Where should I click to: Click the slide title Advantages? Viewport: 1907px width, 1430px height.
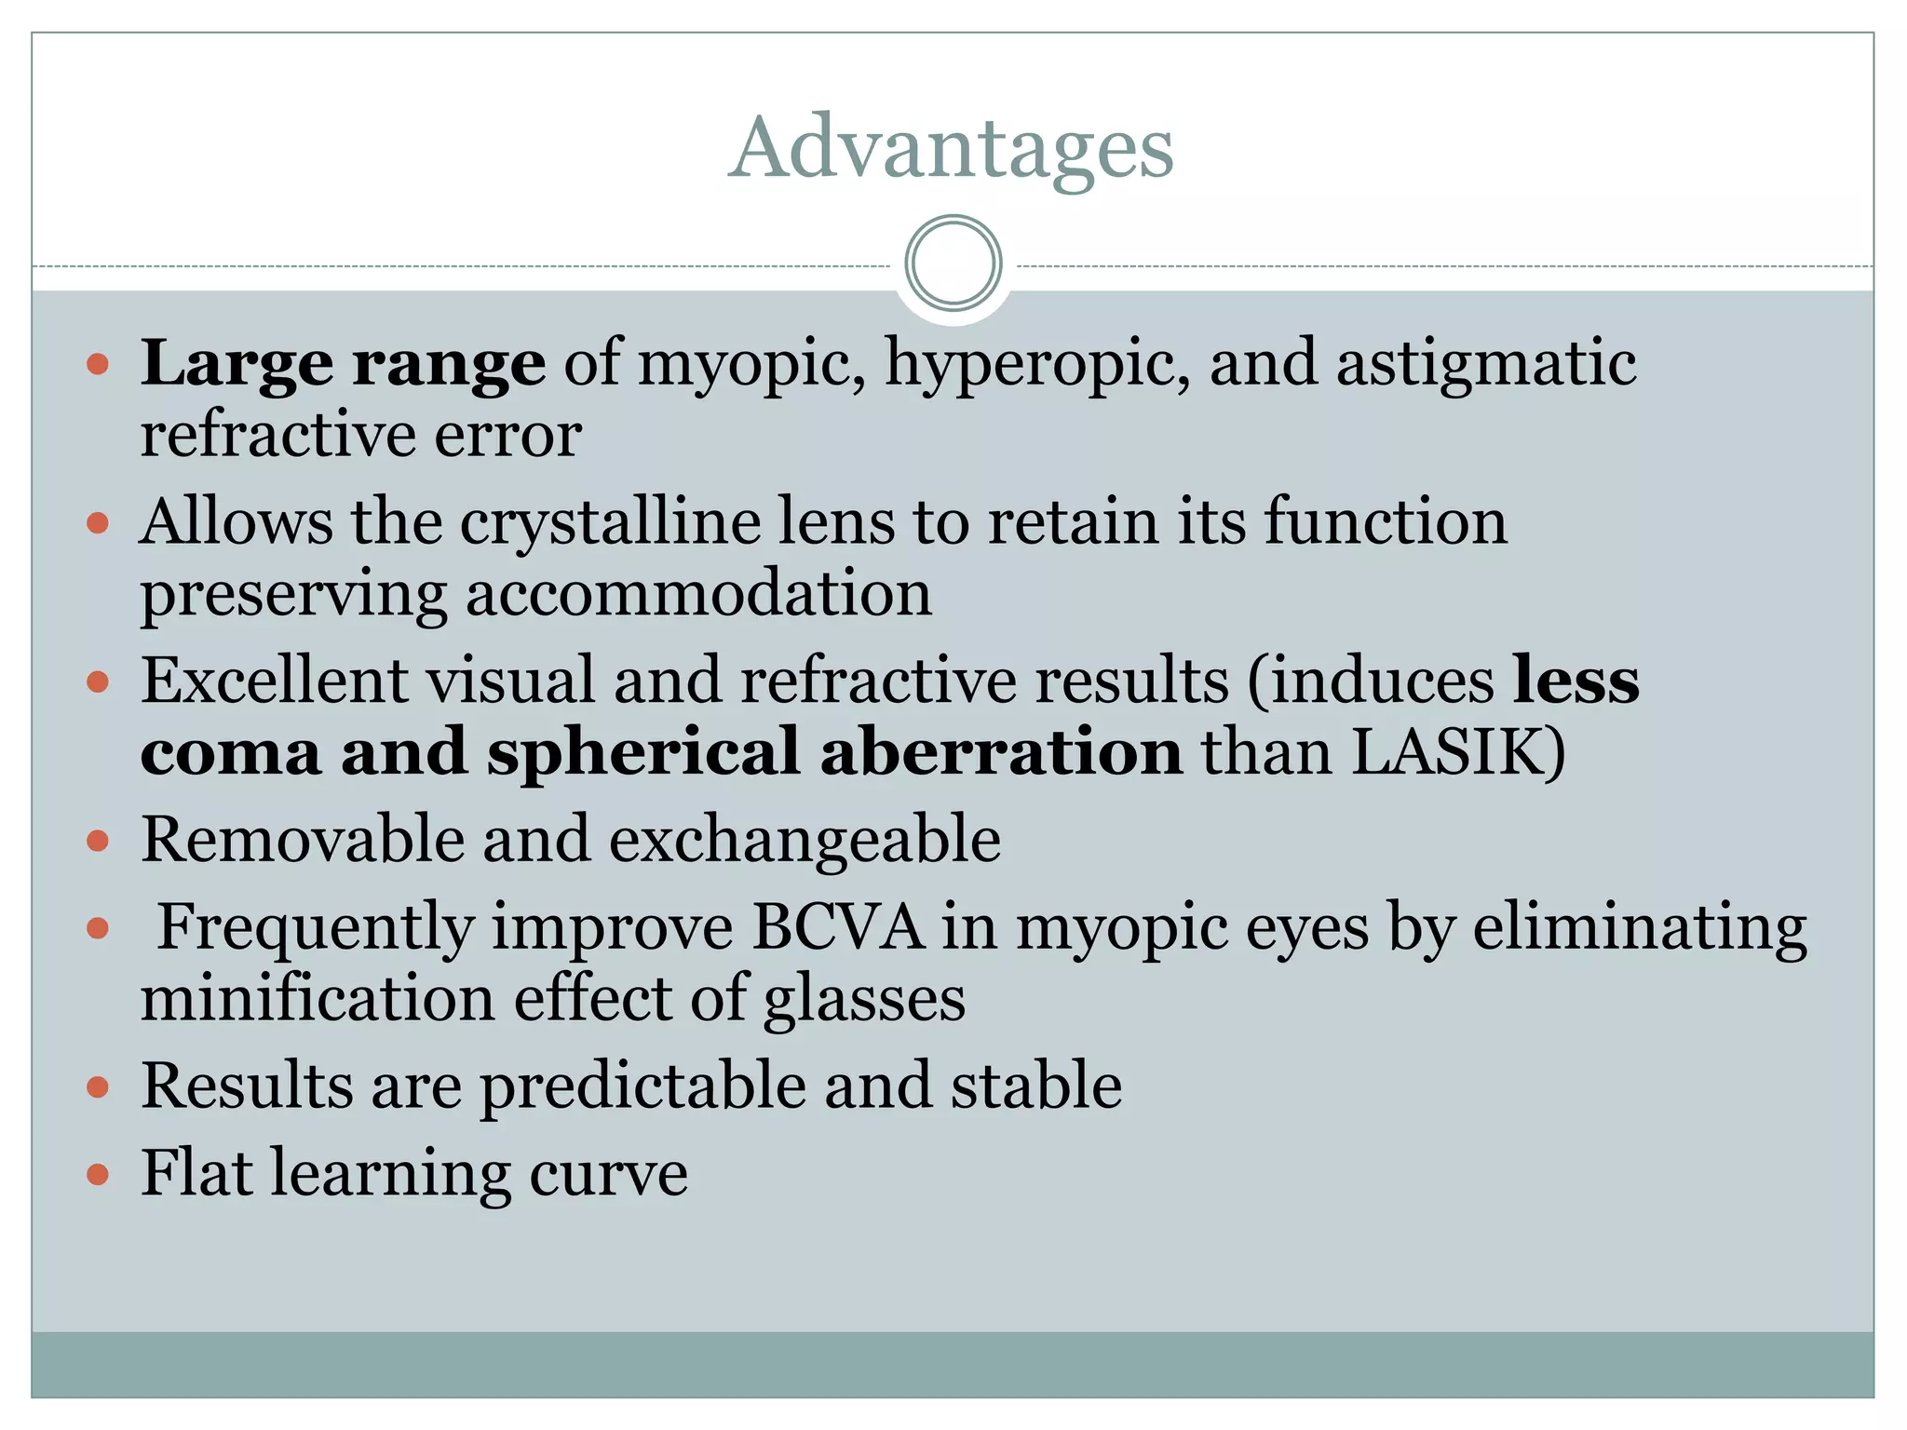(x=951, y=148)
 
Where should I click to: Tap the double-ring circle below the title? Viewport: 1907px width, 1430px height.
(x=953, y=263)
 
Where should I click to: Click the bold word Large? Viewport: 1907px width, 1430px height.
(x=237, y=363)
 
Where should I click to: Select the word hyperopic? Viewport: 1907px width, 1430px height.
(x=1037, y=363)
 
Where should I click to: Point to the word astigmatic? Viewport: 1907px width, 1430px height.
(x=1486, y=363)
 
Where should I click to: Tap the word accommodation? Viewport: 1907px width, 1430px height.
(x=698, y=593)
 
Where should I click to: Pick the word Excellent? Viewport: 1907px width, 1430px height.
(x=274, y=680)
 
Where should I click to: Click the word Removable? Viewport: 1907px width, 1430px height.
(x=302, y=840)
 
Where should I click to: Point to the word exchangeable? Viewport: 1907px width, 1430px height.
(x=805, y=840)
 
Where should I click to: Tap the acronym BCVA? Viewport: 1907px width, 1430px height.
(x=838, y=927)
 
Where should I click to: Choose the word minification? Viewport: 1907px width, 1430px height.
(x=317, y=998)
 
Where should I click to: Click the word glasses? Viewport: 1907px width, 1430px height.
(x=864, y=1000)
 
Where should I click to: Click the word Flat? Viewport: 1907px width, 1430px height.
(x=196, y=1172)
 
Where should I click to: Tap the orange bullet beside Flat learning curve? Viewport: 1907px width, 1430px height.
(x=98, y=1174)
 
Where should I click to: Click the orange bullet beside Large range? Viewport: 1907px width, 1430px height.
(x=98, y=363)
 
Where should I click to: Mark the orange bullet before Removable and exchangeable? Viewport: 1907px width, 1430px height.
(x=98, y=842)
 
